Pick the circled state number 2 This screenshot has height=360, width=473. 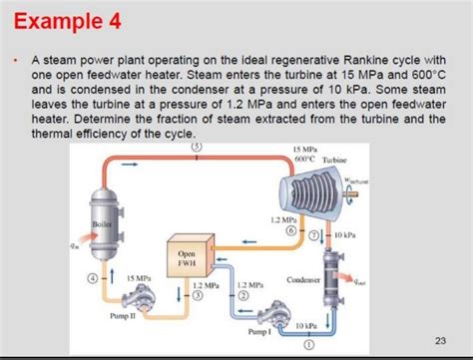tap(242, 295)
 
